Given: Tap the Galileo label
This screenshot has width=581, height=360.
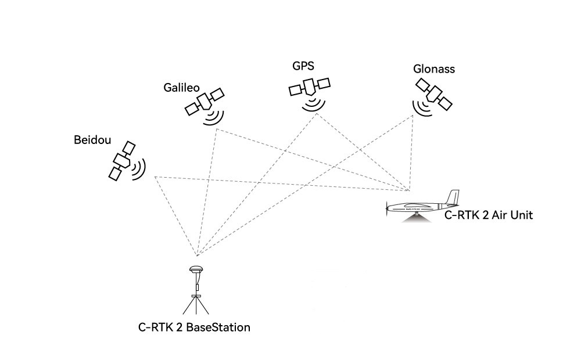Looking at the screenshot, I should click(182, 88).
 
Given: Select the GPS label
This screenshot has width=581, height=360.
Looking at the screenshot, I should click(303, 66).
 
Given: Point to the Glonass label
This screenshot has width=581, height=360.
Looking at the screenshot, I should click(433, 69).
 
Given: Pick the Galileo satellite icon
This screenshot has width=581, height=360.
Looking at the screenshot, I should click(205, 102).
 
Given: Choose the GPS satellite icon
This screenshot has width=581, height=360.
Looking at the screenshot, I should click(310, 87).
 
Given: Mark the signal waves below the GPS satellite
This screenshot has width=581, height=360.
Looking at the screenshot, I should click(314, 105).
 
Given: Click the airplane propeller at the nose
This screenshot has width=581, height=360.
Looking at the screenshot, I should click(388, 208).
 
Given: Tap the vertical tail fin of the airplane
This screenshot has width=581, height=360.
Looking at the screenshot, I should click(453, 197).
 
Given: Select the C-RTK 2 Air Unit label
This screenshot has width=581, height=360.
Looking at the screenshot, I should click(488, 215).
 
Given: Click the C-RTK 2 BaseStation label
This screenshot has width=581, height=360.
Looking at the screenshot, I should click(194, 327).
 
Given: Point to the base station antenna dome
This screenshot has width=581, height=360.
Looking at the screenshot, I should click(196, 269).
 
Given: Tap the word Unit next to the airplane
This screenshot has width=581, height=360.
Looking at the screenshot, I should click(521, 215).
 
